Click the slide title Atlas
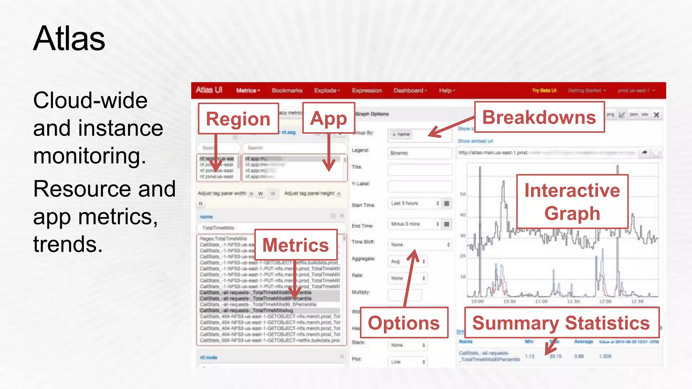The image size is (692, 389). [x=69, y=39]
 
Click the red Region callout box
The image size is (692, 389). [x=238, y=119]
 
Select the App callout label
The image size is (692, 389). [x=328, y=118]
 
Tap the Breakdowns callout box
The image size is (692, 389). [x=539, y=117]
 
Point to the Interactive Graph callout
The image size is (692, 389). [x=572, y=202]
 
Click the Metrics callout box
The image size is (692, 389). [x=296, y=245]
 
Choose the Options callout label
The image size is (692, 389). [x=404, y=323]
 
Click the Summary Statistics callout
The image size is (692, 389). [x=561, y=323]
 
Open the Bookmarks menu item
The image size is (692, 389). [x=287, y=90]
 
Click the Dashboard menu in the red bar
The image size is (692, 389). [x=410, y=90]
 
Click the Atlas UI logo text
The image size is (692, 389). [x=209, y=90]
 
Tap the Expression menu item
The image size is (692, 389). [x=367, y=90]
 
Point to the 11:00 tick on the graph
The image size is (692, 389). [x=541, y=301]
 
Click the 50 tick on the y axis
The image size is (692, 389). [x=463, y=194]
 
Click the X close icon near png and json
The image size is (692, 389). [x=656, y=115]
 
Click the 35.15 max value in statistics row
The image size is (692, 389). [x=555, y=356]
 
